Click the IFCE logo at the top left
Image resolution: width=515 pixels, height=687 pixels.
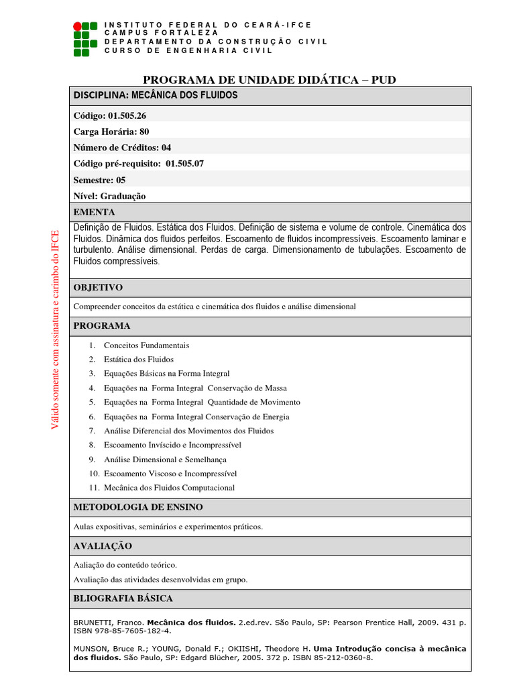[85, 38]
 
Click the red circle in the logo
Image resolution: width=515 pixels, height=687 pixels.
[78, 26]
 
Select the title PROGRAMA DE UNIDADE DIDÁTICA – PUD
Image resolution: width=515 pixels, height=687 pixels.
[270, 80]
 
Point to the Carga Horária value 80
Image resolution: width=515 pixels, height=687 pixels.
[144, 131]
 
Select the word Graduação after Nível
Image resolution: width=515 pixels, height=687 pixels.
[123, 196]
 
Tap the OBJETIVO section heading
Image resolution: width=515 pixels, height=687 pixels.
[98, 287]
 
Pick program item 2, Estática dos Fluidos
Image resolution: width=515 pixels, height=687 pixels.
[138, 360]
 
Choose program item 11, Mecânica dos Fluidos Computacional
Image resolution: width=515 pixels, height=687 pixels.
[169, 488]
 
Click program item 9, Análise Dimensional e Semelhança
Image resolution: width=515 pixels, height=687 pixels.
[165, 460]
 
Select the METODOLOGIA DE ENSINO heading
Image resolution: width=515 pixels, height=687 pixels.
[138, 507]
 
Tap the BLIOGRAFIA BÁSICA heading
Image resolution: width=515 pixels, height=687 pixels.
[123, 598]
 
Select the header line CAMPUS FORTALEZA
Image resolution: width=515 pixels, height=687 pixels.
[161, 32]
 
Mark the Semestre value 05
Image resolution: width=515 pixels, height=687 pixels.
[121, 180]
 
